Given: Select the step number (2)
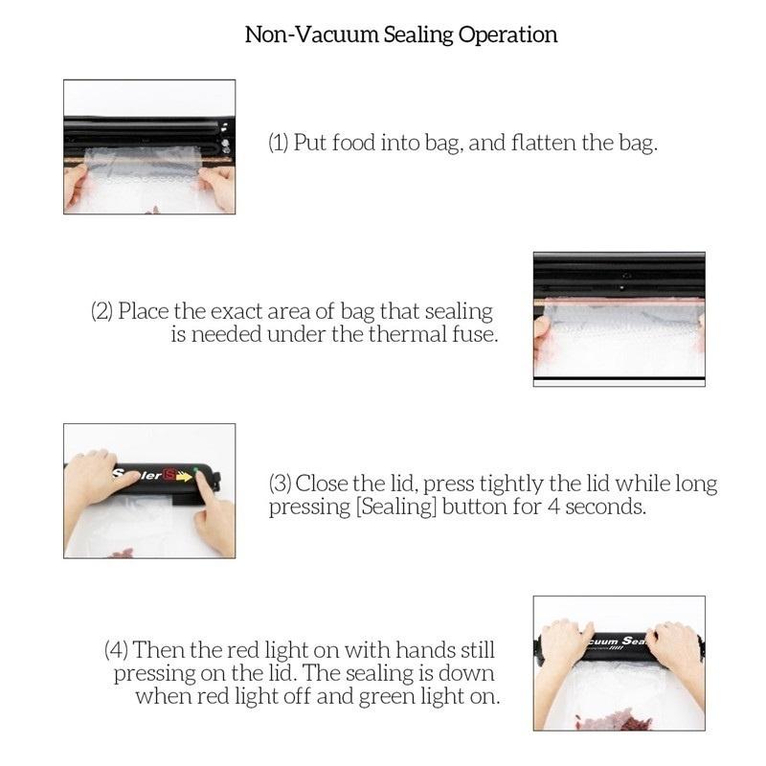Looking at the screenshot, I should [x=102, y=312].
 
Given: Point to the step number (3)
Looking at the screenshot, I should [x=280, y=484].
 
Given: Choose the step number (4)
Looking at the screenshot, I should [x=116, y=649].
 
